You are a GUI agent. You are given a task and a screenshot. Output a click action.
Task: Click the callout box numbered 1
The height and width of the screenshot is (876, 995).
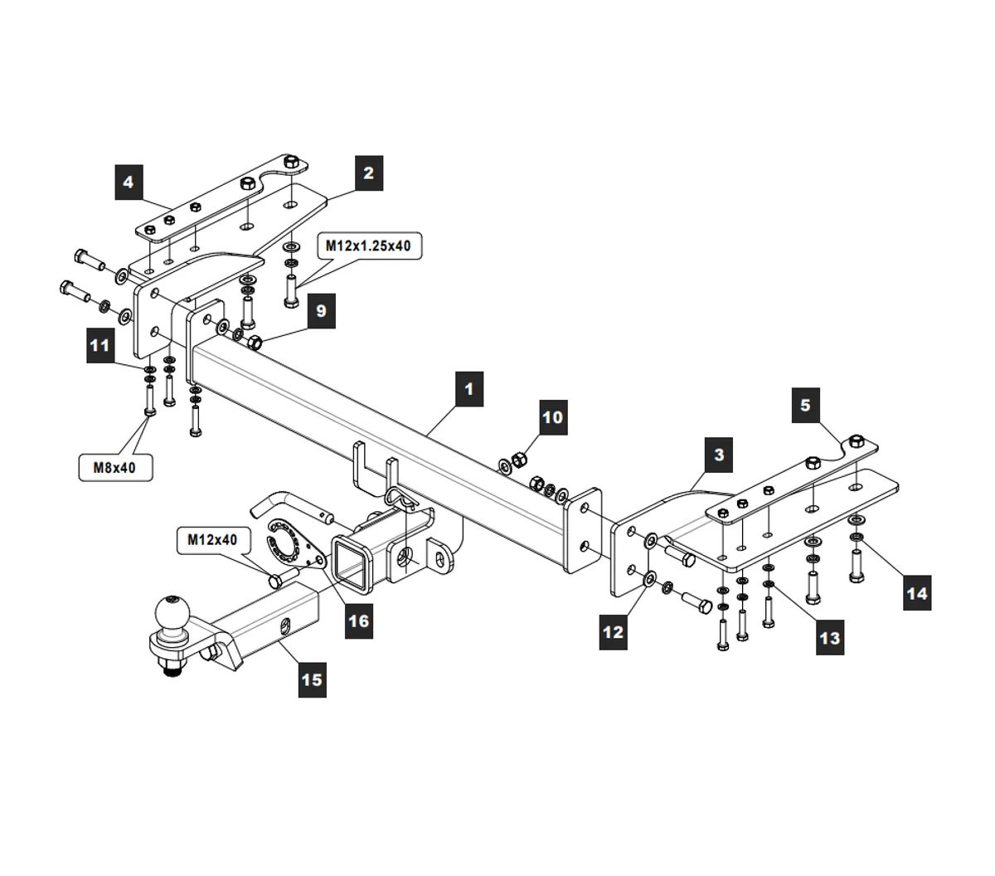[x=468, y=388]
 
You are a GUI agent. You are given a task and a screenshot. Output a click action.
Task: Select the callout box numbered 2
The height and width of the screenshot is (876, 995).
[x=368, y=173]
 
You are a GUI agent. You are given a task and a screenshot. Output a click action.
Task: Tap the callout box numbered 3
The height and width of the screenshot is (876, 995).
[x=718, y=455]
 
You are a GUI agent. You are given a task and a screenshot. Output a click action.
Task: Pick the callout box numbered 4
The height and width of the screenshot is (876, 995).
[x=129, y=182]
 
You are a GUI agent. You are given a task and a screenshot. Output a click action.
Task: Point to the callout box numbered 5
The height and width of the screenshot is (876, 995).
[x=805, y=405]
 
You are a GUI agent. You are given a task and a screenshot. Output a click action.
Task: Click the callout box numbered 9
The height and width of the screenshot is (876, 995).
[x=321, y=311]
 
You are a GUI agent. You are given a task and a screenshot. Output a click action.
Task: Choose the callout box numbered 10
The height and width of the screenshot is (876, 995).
[x=553, y=416]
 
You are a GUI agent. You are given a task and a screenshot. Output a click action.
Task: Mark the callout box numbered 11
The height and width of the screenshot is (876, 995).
[x=100, y=344]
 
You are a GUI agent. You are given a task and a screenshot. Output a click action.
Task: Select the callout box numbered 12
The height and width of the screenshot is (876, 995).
[x=613, y=632]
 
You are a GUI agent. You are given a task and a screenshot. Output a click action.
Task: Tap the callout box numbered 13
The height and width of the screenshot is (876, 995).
[x=829, y=637]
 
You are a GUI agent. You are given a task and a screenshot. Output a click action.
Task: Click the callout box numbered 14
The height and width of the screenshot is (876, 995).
[x=917, y=593]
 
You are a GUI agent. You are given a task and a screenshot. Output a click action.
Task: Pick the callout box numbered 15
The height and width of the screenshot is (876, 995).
[x=311, y=679]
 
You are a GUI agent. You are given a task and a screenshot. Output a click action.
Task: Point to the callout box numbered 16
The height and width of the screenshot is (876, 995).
[x=358, y=619]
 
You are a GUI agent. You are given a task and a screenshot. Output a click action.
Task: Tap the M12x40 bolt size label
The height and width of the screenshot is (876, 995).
[x=212, y=540]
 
